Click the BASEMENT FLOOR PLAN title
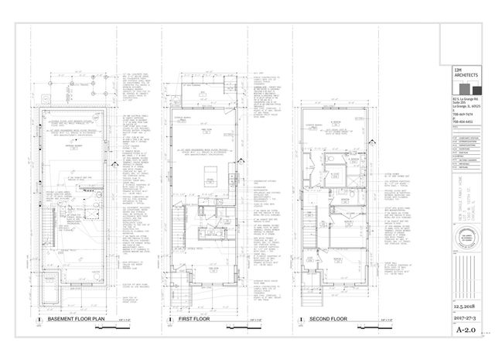click(x=77, y=319)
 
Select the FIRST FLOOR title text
click(x=196, y=319)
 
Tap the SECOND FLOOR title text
click(x=328, y=319)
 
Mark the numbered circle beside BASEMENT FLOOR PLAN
click(x=39, y=319)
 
